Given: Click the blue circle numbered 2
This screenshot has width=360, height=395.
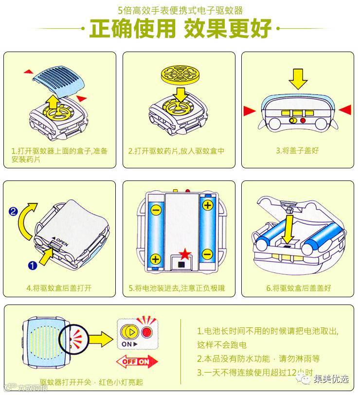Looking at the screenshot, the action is coord(14,211).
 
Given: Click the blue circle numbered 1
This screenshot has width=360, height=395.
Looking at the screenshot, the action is coord(32,266).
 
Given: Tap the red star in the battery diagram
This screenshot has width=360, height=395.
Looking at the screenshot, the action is coord(184,253).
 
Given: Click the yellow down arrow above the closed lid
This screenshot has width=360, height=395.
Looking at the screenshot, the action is coord(298,78).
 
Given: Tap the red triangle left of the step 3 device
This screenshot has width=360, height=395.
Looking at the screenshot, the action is coord(250,111).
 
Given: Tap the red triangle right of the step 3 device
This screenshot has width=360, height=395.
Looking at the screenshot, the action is coord(345,110).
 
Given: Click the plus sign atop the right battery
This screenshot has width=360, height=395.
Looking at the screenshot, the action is coord(208,206).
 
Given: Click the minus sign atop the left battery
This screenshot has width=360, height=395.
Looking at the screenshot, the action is coord(156,210).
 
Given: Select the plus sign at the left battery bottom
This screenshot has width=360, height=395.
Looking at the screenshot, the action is coord(155,259).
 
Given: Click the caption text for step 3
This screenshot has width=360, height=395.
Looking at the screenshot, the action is coord(297,151).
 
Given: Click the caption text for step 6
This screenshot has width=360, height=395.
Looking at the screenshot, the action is coord(298,288).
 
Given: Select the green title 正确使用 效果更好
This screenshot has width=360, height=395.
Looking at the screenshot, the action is coord(180,29).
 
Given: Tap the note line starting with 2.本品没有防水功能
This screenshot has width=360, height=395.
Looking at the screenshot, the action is coord(258,359).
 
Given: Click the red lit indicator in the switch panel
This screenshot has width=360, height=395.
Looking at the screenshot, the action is coord(146,332).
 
